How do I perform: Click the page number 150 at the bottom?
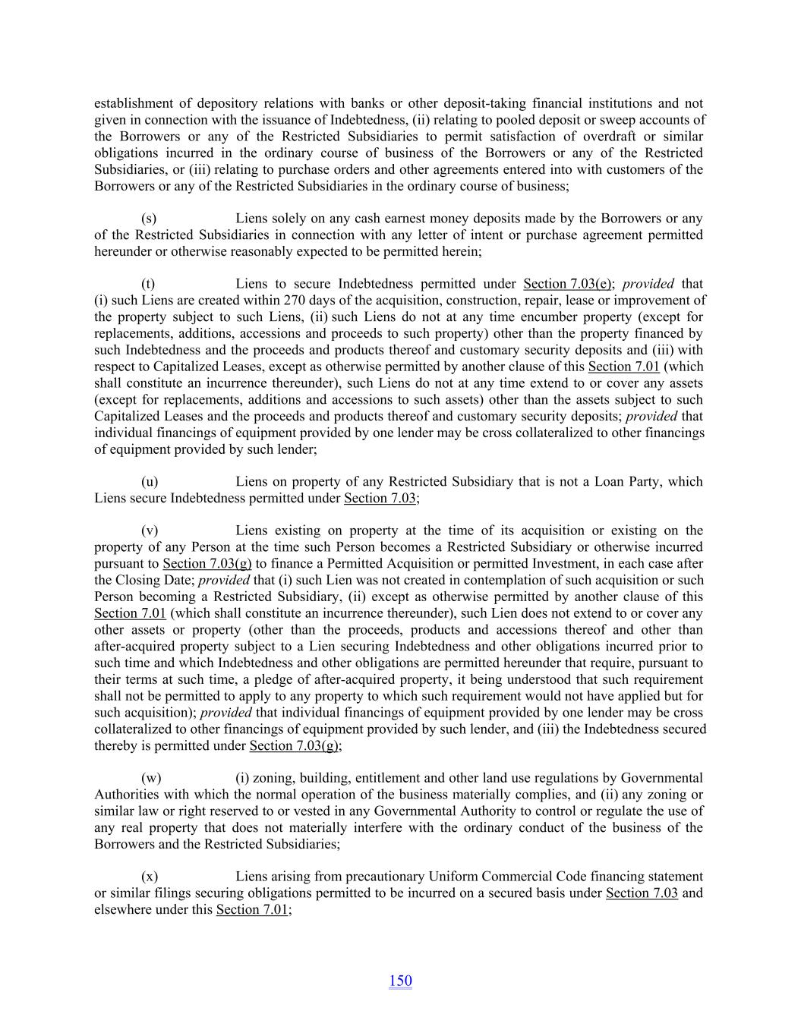pyautogui.click(x=400, y=981)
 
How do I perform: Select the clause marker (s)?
pyautogui.click(x=149, y=219)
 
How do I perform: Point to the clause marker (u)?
pyautogui.click(x=150, y=481)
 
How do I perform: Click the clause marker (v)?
pyautogui.click(x=150, y=531)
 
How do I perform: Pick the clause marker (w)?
pyautogui.click(x=151, y=778)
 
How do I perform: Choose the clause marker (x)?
pyautogui.click(x=150, y=877)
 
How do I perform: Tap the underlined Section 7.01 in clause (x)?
pyautogui.click(x=252, y=909)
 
